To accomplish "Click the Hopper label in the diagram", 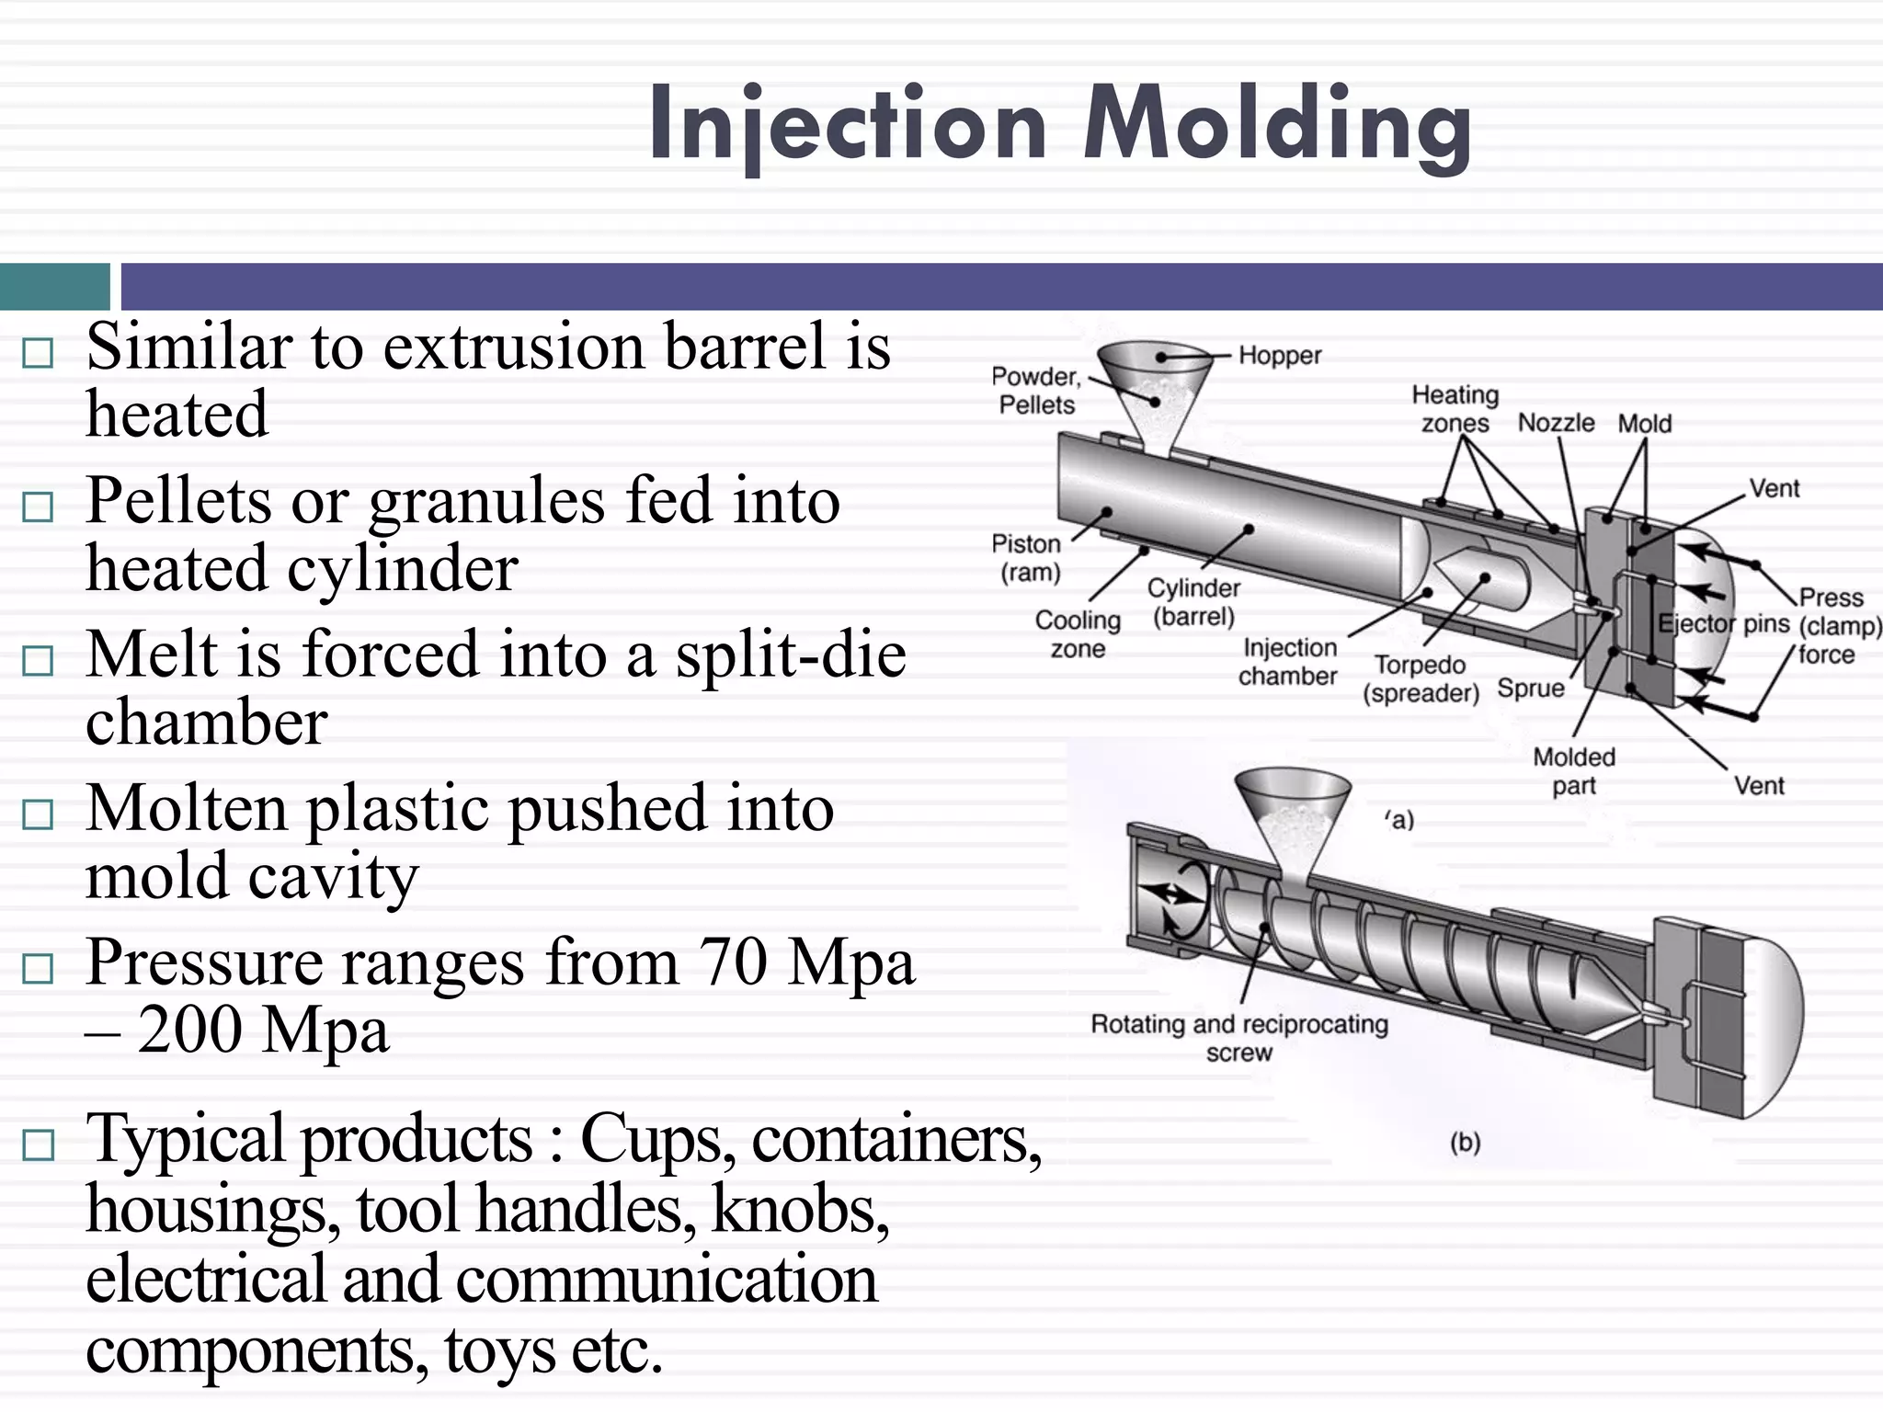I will [1279, 356].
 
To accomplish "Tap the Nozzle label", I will [1556, 423].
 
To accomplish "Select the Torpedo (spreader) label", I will [1421, 679].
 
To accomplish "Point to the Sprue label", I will [1530, 689].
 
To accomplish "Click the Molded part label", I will [1573, 771].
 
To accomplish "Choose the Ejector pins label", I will [1723, 624].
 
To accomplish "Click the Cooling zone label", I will [1078, 634].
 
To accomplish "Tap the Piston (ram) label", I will [1028, 558].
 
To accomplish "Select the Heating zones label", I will [1455, 409].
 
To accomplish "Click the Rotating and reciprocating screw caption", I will [1238, 1038].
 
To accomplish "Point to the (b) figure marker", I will [1465, 1143].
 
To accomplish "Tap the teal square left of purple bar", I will [54, 286].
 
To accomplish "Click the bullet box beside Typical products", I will [38, 1144].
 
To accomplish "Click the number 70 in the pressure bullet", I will [733, 962].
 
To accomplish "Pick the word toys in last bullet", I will [499, 1349].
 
